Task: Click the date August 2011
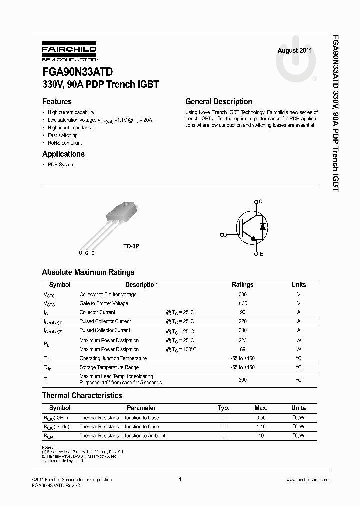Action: pyautogui.click(x=295, y=51)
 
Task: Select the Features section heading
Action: pyautogui.click(x=60, y=101)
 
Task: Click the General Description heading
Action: pyautogui.click(x=219, y=101)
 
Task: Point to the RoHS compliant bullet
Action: pyautogui.click(x=65, y=143)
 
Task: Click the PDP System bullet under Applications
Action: pyautogui.click(x=61, y=165)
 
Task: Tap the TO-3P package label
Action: pyautogui.click(x=131, y=247)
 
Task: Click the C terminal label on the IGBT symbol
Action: pyautogui.click(x=261, y=201)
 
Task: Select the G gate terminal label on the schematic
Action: pyautogui.click(x=221, y=234)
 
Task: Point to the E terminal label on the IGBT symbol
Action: pyautogui.click(x=261, y=254)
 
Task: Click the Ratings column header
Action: pyautogui.click(x=243, y=285)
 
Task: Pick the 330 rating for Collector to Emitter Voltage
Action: pyautogui.click(x=243, y=294)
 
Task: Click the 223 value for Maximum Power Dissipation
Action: pyautogui.click(x=243, y=340)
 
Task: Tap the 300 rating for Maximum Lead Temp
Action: pyautogui.click(x=243, y=380)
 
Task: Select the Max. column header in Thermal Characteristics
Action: pyautogui.click(x=261, y=408)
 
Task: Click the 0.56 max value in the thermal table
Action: pyautogui.click(x=261, y=417)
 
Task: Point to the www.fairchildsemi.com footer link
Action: pyautogui.click(x=307, y=480)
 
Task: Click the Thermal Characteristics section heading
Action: pyautogui.click(x=82, y=395)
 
